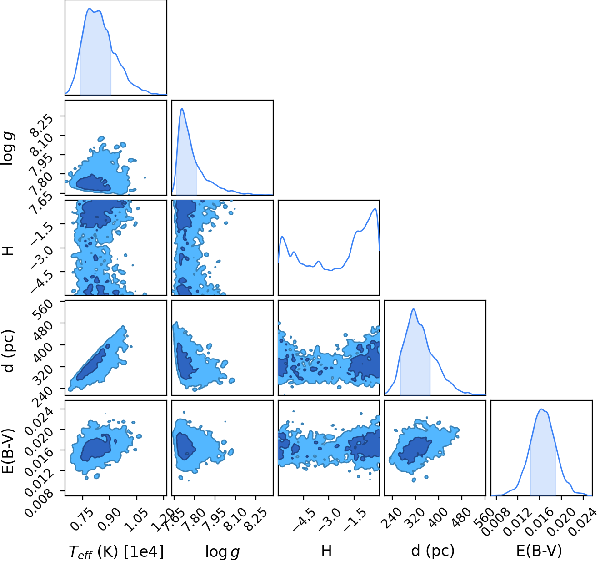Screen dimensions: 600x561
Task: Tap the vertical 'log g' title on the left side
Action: click(x=7, y=149)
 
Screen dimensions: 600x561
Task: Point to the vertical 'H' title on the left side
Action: click(x=8, y=250)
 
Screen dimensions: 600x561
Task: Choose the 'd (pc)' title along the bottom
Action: click(x=433, y=551)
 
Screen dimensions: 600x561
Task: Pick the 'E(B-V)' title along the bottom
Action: click(x=539, y=551)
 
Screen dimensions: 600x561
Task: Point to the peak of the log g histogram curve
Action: click(x=182, y=108)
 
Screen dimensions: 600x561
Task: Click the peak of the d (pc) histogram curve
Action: click(x=414, y=309)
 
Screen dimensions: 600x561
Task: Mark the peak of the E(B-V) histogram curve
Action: click(x=541, y=409)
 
